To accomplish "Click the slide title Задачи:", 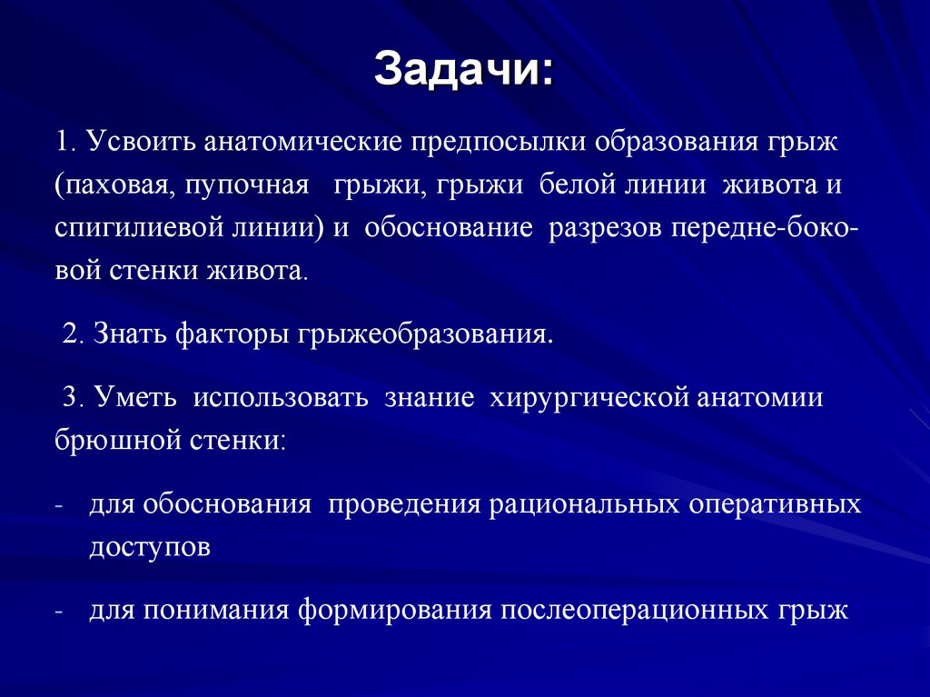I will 464,69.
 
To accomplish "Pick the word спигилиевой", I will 136,228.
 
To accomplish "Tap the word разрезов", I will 605,228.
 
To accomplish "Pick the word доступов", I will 150,548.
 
